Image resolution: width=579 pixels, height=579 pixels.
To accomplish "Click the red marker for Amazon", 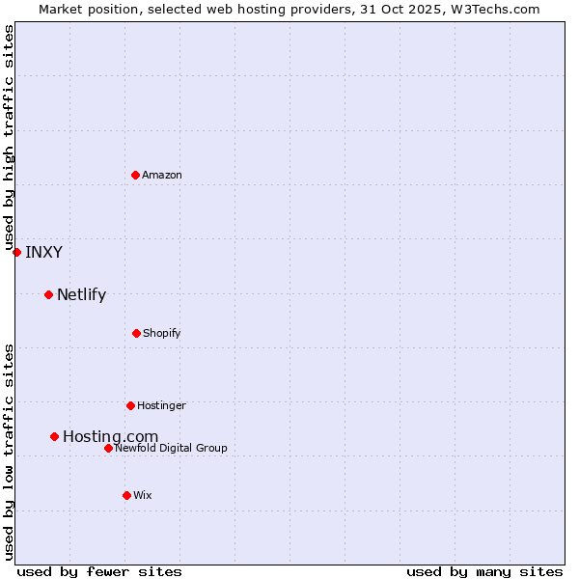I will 136,175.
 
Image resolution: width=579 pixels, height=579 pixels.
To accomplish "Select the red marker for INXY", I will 16,252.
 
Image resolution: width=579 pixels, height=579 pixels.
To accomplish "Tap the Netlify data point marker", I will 48,294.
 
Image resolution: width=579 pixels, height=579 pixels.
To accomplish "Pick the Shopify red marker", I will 136,333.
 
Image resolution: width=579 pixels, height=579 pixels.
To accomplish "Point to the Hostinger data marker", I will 130,405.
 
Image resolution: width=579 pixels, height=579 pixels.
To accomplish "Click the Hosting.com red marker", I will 55,436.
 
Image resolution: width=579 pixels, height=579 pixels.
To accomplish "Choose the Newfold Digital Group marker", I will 108,448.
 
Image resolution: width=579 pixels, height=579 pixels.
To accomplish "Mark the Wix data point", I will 126,495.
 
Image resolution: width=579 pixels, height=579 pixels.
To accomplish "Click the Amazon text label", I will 162,175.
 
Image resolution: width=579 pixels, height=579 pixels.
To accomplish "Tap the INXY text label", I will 43,253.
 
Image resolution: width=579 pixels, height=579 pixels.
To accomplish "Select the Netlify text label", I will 81,295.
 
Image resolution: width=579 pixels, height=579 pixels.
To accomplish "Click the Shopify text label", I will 162,333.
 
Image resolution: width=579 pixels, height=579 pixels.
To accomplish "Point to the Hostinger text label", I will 161,405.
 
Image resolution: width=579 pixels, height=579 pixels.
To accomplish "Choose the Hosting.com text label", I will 110,437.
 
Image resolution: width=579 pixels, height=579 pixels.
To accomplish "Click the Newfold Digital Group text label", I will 171,448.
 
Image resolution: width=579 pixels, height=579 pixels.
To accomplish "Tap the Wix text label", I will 143,495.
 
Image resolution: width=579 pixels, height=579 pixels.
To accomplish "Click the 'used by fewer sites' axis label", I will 99,571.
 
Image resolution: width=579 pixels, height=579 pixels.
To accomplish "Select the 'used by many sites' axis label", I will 484,571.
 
